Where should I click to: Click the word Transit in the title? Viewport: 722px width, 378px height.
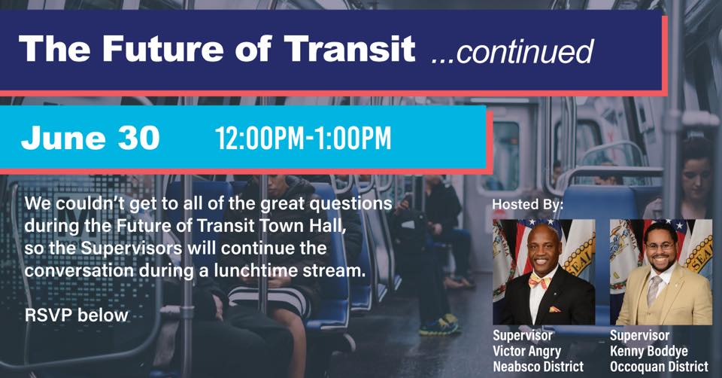click(350, 48)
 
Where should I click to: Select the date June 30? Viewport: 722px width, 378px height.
click(90, 137)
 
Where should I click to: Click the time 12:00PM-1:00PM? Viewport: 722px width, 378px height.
click(303, 138)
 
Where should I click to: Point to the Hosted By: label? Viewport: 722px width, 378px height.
click(528, 204)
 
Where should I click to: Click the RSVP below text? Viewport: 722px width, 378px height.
click(77, 316)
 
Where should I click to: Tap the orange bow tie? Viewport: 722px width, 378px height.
click(540, 281)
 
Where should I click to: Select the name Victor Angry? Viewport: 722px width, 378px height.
click(526, 351)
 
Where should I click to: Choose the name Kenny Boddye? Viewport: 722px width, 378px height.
click(649, 351)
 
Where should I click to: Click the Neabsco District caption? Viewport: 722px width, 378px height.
click(538, 367)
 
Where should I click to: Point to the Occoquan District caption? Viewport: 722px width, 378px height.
click(659, 367)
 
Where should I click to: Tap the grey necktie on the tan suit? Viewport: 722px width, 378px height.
click(653, 290)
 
